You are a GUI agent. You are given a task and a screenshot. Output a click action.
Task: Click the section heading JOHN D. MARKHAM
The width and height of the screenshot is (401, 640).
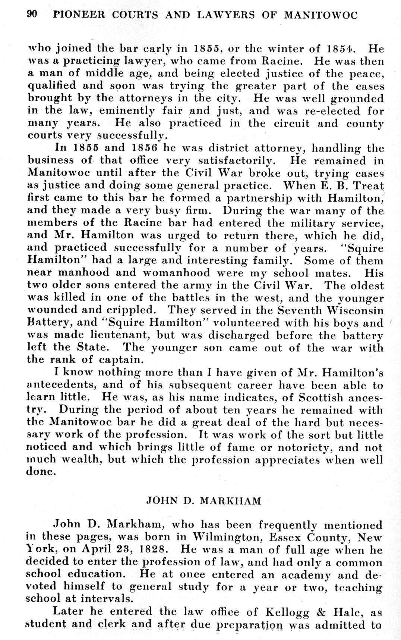(x=203, y=500)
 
